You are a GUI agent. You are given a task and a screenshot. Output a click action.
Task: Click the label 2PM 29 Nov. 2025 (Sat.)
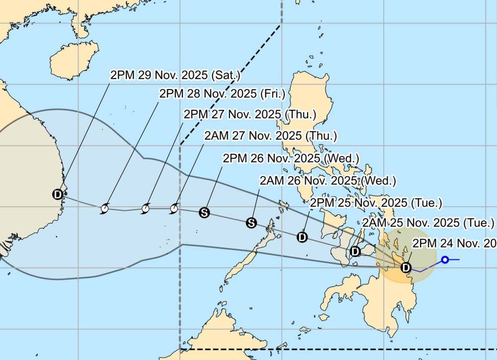(x=175, y=76)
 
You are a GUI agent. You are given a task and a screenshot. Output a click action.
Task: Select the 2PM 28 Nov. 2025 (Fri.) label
(x=222, y=93)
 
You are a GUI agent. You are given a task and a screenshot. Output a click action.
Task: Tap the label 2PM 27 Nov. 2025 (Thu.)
(x=249, y=114)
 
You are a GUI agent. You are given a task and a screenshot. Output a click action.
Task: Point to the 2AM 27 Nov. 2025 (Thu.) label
(x=270, y=135)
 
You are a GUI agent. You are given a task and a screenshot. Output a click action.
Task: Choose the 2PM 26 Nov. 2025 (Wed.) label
(x=291, y=158)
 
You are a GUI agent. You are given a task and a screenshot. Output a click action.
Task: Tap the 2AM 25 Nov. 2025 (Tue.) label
(x=428, y=222)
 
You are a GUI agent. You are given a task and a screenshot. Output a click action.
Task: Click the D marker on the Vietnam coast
(x=58, y=194)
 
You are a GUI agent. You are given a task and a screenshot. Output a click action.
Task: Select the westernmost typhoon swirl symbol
(x=104, y=209)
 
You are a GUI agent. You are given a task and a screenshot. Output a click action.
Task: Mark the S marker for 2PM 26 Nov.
(x=204, y=213)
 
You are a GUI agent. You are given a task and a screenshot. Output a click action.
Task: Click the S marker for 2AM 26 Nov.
(x=251, y=222)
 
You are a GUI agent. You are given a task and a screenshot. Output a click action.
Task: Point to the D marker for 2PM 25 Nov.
(x=302, y=237)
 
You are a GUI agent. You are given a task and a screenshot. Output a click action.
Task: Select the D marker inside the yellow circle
(x=406, y=268)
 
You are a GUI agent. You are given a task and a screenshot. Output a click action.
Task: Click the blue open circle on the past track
(x=445, y=260)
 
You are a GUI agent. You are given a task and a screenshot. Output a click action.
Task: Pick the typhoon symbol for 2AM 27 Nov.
(x=174, y=208)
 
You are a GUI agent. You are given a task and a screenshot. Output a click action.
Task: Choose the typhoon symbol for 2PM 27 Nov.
(x=146, y=209)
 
